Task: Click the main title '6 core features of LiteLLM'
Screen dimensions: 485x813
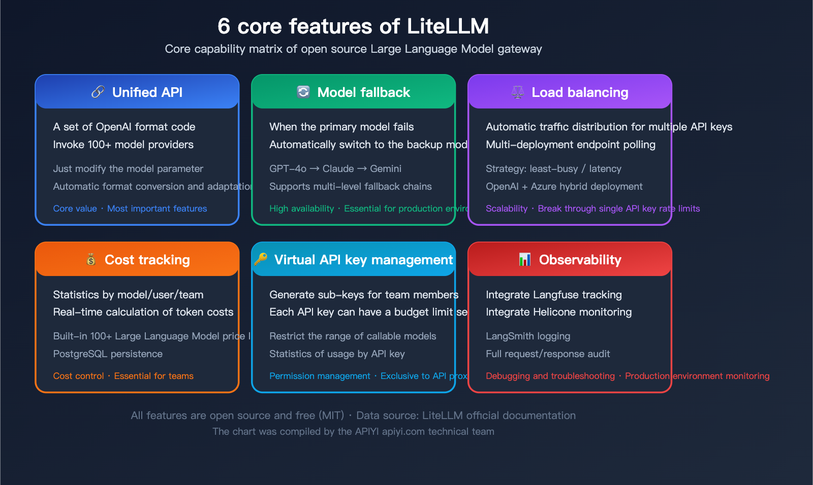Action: tap(353, 26)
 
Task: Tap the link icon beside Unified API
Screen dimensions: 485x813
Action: tap(98, 92)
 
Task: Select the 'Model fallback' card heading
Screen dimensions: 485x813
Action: tap(363, 92)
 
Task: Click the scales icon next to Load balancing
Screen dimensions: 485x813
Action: tap(517, 92)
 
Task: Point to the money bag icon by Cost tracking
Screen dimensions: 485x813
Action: tap(91, 260)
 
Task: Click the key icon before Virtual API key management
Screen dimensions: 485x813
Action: tap(261, 259)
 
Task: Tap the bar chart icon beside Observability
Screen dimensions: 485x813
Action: tap(525, 260)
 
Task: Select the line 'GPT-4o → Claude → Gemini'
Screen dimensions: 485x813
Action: tap(335, 168)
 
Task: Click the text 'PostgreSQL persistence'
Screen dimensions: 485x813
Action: tap(108, 354)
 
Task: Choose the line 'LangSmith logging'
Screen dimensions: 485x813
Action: tap(528, 336)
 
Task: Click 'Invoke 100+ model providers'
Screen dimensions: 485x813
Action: tap(123, 145)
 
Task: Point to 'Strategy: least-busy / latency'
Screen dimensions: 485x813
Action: tap(553, 168)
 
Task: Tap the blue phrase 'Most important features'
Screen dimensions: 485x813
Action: tap(157, 209)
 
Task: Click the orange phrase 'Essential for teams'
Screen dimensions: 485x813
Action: tap(153, 376)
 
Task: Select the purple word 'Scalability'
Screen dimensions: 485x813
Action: tap(507, 209)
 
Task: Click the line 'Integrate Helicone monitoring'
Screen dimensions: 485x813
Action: tap(558, 312)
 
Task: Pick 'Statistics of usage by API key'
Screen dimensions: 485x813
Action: tap(337, 354)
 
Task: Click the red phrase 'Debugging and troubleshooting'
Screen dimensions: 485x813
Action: tap(550, 376)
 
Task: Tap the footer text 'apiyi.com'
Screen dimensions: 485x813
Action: tap(403, 432)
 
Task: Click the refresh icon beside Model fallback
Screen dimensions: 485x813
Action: tap(303, 92)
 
